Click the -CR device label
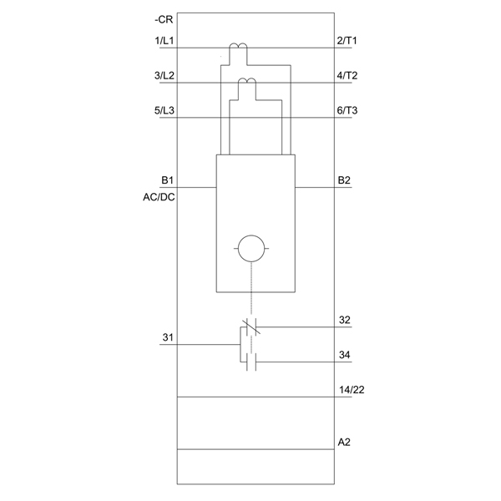[164, 19]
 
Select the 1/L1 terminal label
[164, 41]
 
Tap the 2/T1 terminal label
[347, 41]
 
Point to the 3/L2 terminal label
[164, 75]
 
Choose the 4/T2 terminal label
[347, 75]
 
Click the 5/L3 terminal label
[164, 110]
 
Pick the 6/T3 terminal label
[347, 110]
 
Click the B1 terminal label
[167, 180]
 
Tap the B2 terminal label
[344, 180]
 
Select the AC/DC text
[159, 197]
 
